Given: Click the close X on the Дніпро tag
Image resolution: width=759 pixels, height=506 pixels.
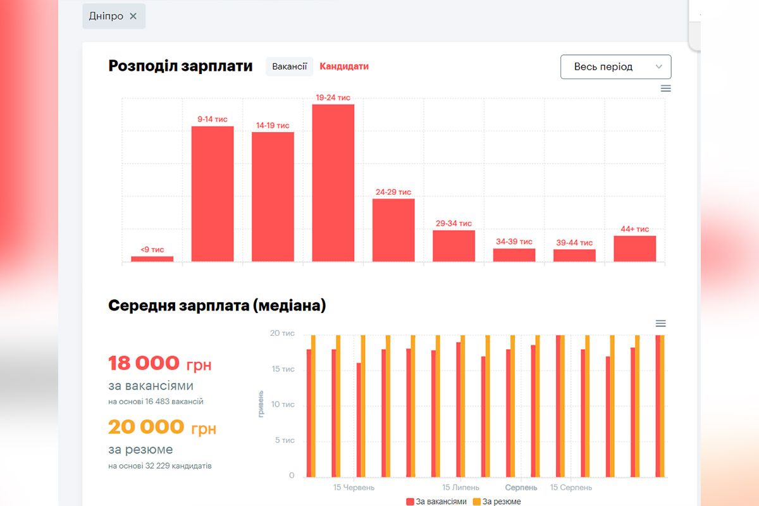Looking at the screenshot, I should coord(133,16).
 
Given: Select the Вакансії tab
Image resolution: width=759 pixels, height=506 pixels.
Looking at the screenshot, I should coord(289,66).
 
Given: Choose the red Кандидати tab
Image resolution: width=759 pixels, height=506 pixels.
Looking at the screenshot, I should coord(344,66).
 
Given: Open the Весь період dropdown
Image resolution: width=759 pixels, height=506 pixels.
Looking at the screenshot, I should coord(615,67).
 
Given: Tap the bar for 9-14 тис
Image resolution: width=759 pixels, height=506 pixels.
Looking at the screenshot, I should coord(213,194).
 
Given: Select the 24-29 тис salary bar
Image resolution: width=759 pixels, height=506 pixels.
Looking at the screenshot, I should coord(393,230).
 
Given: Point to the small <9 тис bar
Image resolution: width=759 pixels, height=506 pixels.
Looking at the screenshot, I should coord(152,258).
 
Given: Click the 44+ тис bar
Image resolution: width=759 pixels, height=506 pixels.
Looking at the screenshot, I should coord(634,248).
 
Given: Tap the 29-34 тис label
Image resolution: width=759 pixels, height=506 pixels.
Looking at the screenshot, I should coord(454,223).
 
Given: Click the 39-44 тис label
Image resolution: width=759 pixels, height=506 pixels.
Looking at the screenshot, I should coord(574,242).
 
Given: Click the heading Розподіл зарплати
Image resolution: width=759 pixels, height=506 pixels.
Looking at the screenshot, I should coord(180,66).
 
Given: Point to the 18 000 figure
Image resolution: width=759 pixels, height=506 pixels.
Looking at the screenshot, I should coord(144,364).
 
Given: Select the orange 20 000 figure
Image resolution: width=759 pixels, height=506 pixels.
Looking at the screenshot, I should coord(146,427).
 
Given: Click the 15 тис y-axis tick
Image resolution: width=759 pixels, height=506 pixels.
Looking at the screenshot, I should coord(283,369).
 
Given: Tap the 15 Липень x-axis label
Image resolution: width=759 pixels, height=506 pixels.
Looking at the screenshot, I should coord(460,488).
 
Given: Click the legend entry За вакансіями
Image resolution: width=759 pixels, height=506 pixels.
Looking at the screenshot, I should coord(436,502).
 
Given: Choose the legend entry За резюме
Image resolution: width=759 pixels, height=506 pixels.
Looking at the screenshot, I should coord(497,502).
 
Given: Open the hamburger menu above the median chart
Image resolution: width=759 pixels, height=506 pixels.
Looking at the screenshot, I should coord(660,323).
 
